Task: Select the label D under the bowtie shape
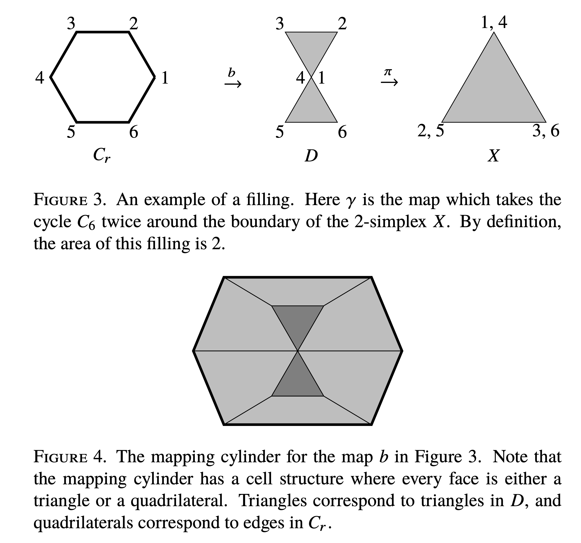point(311,156)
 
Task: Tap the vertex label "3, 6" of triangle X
point(546,131)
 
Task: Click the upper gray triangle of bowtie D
point(311,47)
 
